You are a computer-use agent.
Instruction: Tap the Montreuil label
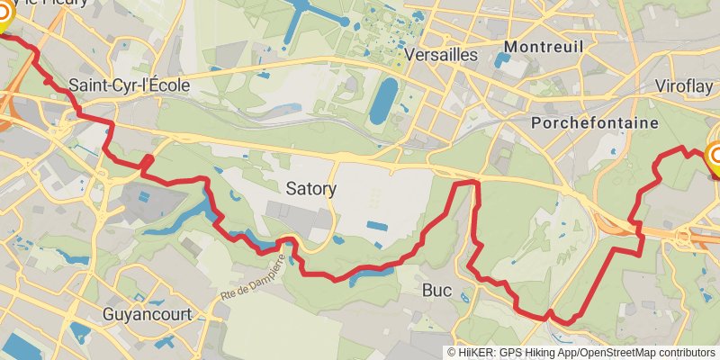(x=540, y=46)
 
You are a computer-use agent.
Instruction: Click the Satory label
(x=310, y=189)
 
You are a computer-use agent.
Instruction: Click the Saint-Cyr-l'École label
(x=130, y=86)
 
